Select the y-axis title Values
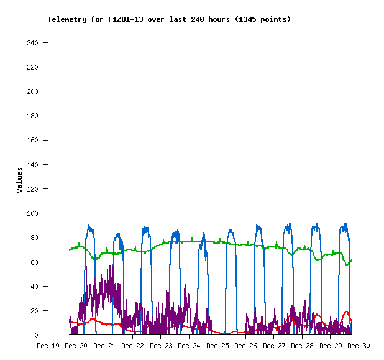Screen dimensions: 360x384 [19, 180]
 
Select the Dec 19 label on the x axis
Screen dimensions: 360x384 [48, 346]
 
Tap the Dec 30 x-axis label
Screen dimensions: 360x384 [359, 346]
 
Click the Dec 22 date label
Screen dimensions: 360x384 [133, 346]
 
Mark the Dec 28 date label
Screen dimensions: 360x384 [303, 346]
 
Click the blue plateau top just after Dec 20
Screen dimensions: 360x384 [90, 228]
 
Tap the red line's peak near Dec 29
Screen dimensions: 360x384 [346, 312]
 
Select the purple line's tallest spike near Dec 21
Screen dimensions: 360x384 [112, 265]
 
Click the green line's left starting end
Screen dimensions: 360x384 [69, 251]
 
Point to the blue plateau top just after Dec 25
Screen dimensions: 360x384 [231, 231]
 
